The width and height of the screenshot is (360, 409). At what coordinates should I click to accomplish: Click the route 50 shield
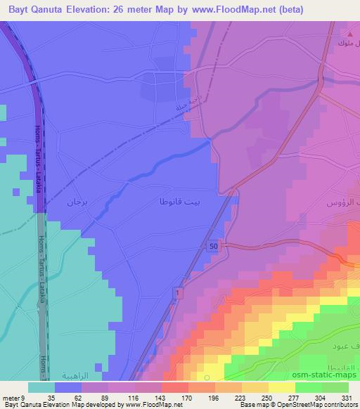[212, 246]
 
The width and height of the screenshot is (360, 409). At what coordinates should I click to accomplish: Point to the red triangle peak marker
[349, 33]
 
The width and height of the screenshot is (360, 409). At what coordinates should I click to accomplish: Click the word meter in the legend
[11, 397]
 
